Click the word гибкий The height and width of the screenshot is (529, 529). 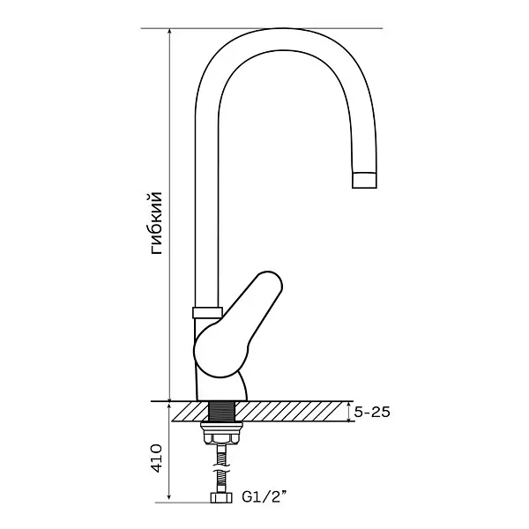pyautogui.click(x=157, y=223)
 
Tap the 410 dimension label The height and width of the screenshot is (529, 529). pyautogui.click(x=156, y=458)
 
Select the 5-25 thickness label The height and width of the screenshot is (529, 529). pyautogui.click(x=372, y=412)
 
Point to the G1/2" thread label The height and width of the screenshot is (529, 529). pyautogui.click(x=264, y=497)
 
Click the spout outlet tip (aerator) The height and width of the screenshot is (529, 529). pyautogui.click(x=364, y=180)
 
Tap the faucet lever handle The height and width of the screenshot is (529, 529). pyautogui.click(x=238, y=324)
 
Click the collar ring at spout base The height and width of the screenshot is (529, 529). pyautogui.click(x=207, y=312)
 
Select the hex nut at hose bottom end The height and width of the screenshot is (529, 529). pyautogui.click(x=221, y=497)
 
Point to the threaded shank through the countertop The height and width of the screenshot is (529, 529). pyautogui.click(x=221, y=411)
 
